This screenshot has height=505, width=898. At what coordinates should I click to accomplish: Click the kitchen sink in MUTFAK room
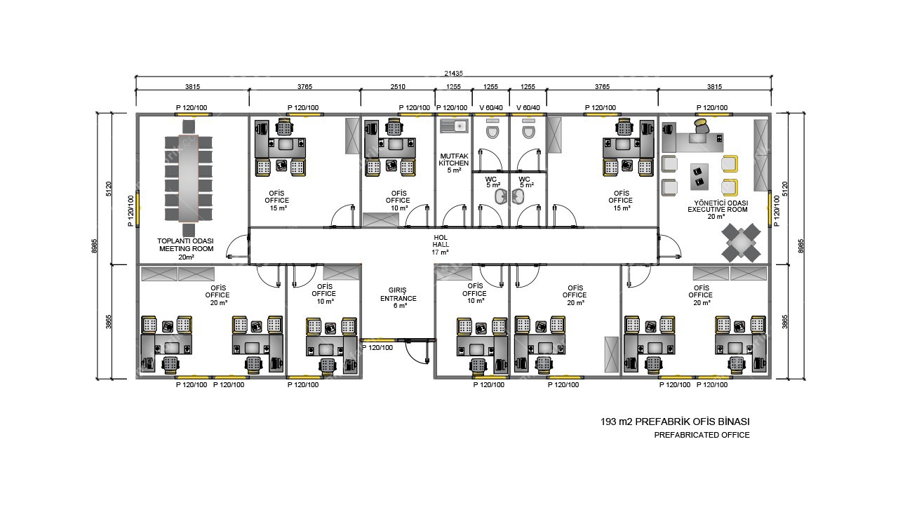(454, 126)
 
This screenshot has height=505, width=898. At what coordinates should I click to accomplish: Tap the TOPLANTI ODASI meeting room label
(186, 245)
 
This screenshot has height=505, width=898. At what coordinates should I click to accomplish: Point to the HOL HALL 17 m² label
(441, 245)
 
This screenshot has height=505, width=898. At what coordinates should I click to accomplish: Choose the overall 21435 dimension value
(453, 73)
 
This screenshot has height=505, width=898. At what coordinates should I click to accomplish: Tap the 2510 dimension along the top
(398, 87)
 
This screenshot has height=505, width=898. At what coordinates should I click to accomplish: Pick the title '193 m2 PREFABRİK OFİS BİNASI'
(675, 422)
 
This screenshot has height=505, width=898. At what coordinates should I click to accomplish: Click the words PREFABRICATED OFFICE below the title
(702, 435)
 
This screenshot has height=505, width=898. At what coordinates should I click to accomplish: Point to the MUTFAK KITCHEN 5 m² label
(454, 163)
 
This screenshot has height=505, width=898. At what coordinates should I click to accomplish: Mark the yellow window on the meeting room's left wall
(138, 210)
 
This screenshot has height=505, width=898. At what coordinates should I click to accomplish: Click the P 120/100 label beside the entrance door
(382, 347)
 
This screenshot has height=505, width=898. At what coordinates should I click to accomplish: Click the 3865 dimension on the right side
(784, 321)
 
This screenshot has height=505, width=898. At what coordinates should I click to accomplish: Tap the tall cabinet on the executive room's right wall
(760, 155)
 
